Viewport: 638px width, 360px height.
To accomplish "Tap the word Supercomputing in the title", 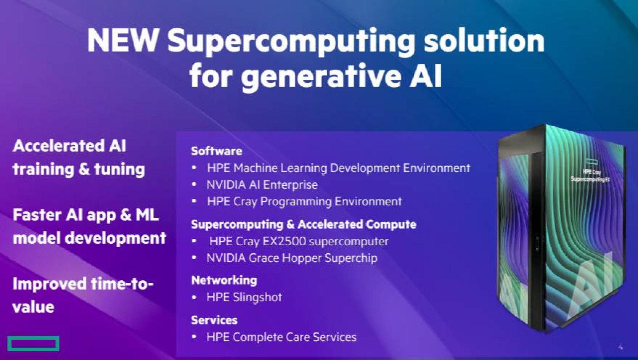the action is pos(291,43).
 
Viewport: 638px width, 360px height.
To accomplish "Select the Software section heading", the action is pos(216,151).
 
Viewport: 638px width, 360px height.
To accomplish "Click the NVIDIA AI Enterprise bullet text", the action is pos(262,184).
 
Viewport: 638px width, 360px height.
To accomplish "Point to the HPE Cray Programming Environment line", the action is pos(304,201).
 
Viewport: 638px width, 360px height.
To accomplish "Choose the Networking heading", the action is pos(224,280).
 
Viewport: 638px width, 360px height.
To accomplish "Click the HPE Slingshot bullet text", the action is pos(244,297).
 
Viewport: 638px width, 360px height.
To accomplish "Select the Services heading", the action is pos(214,320).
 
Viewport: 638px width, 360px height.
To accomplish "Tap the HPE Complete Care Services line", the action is pos(281,337).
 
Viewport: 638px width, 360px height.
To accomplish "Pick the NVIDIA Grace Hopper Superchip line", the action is pos(292,258).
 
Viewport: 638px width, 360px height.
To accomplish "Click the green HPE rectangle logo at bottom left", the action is pos(34,344).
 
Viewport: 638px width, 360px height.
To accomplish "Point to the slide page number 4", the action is pos(620,347).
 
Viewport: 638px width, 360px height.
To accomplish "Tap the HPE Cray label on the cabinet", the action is pos(591,172).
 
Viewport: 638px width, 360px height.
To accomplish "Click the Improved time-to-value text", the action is pos(83,296).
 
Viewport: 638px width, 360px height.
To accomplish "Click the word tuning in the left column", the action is pos(120,169).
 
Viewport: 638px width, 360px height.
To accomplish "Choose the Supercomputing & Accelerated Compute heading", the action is pos(303,224).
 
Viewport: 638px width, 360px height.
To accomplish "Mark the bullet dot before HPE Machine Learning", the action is pos(194,168).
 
